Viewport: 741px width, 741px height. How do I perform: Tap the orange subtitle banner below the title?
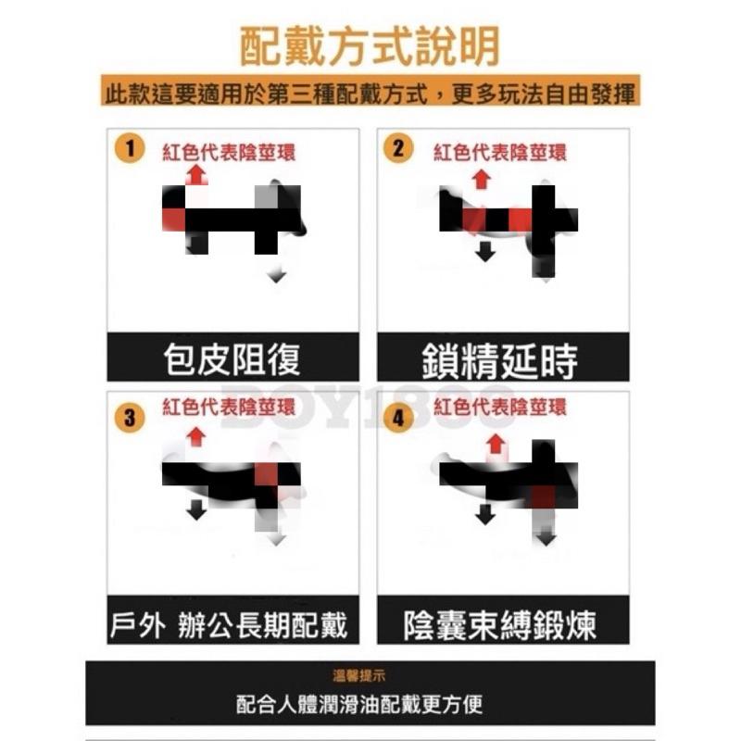click(370, 94)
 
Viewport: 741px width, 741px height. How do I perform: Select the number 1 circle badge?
click(132, 149)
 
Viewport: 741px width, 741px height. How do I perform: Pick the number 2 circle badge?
click(398, 148)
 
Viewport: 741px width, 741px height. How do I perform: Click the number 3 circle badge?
click(129, 418)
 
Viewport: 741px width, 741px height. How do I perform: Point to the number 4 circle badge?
click(398, 418)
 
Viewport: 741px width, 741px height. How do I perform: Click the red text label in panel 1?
click(228, 153)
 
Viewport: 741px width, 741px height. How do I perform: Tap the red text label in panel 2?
click(500, 152)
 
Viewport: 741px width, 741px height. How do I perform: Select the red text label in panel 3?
click(228, 408)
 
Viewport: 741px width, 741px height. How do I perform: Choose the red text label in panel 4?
click(500, 408)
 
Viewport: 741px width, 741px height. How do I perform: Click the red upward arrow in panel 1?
click(195, 174)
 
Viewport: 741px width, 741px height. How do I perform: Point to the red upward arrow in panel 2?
click(480, 179)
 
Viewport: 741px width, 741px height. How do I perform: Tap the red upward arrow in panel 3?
click(195, 435)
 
